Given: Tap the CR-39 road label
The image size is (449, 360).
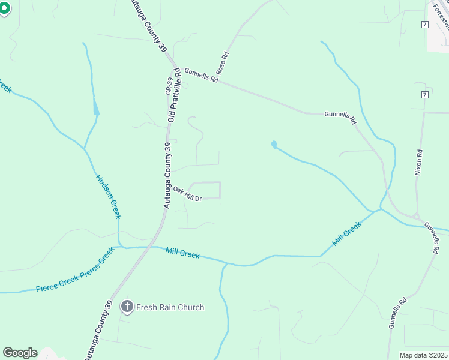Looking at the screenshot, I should click(x=169, y=86).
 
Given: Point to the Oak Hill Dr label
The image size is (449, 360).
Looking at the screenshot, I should click(x=187, y=194).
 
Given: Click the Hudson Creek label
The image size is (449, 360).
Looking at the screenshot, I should click(x=109, y=197).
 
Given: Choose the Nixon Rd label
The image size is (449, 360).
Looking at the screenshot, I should click(x=419, y=162).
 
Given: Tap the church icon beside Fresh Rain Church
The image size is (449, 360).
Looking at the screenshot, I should click(x=127, y=307).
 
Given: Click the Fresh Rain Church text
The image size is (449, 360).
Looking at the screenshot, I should click(x=170, y=307).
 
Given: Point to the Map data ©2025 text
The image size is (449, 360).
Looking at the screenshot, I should click(x=424, y=355).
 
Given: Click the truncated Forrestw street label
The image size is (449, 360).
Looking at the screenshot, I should click(x=441, y=14).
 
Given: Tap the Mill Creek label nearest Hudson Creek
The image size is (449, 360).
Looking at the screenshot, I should click(x=182, y=254).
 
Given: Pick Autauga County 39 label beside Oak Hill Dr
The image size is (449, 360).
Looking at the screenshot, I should click(x=167, y=175).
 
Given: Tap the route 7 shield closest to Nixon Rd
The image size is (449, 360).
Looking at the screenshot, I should click(x=424, y=95).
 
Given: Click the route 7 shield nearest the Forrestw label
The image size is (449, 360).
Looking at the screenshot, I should click(x=424, y=24).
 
